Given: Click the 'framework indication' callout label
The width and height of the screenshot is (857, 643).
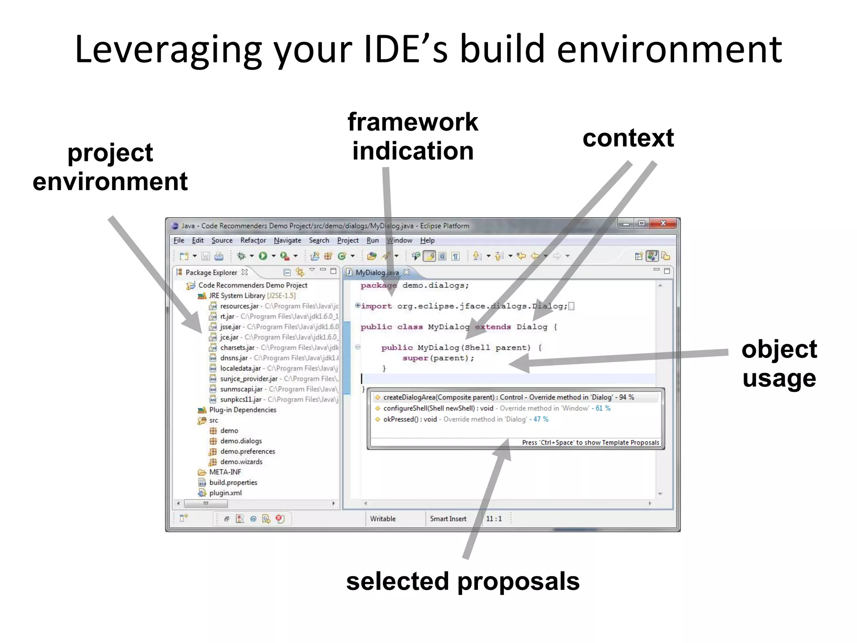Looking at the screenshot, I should (x=413, y=136).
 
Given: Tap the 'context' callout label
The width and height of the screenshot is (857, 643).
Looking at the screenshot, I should (x=628, y=138).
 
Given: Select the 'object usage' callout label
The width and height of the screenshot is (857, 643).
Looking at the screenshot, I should (x=779, y=363).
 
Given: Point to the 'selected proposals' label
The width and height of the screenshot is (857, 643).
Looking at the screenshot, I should (x=463, y=581).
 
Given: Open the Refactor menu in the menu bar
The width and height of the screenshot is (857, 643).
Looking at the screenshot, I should (x=253, y=240).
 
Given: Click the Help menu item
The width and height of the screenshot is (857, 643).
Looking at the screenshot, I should (x=427, y=240).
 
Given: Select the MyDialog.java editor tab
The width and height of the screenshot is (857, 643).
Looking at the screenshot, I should (x=377, y=273).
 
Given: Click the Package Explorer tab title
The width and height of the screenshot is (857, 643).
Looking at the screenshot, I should (x=211, y=273).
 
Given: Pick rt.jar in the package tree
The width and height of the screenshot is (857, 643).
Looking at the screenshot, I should (x=227, y=316).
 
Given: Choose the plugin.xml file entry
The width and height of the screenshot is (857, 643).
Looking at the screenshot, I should (x=225, y=493).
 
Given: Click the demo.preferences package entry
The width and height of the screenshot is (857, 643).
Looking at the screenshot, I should (x=247, y=451).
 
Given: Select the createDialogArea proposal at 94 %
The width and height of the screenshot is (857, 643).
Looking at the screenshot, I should (x=508, y=397).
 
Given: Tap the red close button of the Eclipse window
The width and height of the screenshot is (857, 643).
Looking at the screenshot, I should (x=663, y=224).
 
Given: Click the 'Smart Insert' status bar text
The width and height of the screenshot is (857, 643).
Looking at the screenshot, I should (x=448, y=519).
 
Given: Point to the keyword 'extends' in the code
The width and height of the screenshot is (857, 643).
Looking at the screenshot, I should (x=493, y=327).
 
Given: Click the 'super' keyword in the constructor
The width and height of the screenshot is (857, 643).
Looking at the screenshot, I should (x=415, y=358).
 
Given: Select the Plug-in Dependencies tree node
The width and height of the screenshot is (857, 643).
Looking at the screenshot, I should (x=242, y=410).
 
